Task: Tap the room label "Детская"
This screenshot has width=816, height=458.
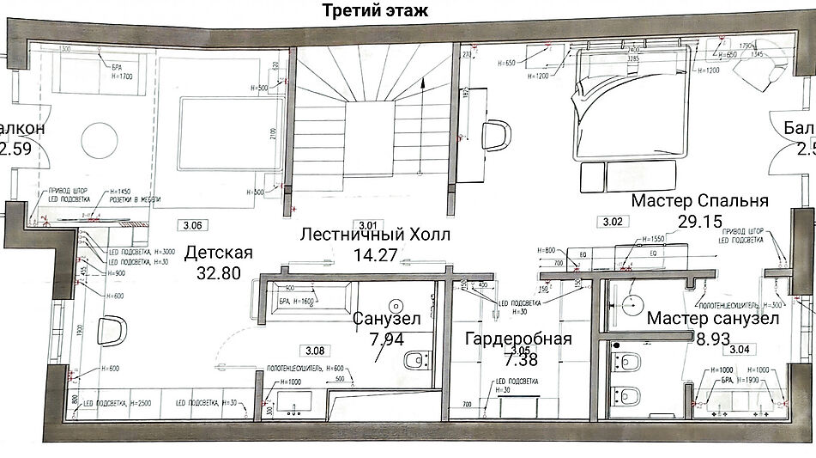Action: point(219,253)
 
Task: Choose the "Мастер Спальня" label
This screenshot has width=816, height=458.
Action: point(699,201)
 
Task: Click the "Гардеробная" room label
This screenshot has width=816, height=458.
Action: point(517,338)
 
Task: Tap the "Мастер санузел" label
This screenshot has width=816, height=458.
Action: point(712,319)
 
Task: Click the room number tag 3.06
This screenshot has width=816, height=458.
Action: point(193,226)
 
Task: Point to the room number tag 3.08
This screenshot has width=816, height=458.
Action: point(315,351)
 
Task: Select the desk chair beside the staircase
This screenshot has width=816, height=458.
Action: point(496,135)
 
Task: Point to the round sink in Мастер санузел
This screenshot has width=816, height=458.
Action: point(632,302)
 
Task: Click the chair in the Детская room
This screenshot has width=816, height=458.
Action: point(112,331)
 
